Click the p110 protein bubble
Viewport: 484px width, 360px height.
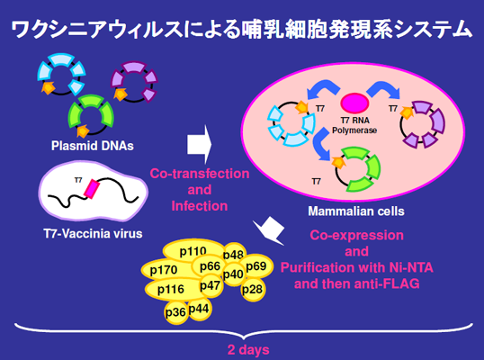pyautogui.click(x=193, y=251)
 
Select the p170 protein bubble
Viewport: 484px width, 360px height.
pyautogui.click(x=164, y=270)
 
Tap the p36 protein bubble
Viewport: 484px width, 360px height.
pyautogui.click(x=175, y=312)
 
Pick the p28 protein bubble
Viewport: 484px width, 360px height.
pyautogui.click(x=253, y=289)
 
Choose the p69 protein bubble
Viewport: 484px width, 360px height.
pyautogui.click(x=256, y=266)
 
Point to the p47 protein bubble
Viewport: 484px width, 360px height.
pyautogui.click(x=211, y=286)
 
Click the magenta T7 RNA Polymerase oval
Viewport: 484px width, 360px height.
pyautogui.click(x=354, y=103)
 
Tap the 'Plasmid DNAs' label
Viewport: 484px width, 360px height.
pyautogui.click(x=93, y=146)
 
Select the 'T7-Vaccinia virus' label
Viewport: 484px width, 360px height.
pyautogui.click(x=93, y=234)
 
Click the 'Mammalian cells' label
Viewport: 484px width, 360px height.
pyautogui.click(x=356, y=211)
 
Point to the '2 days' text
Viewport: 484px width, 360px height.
pyautogui.click(x=248, y=350)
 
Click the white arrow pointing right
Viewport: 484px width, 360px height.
pyautogui.click(x=200, y=144)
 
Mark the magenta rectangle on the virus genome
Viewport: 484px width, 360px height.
pyautogui.click(x=92, y=189)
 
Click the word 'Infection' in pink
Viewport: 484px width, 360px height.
pyautogui.click(x=200, y=206)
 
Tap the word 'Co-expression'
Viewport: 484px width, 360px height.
pyautogui.click(x=356, y=235)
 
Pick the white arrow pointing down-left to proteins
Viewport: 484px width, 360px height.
pyautogui.click(x=269, y=231)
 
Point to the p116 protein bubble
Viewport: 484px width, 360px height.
pyautogui.click(x=171, y=290)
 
